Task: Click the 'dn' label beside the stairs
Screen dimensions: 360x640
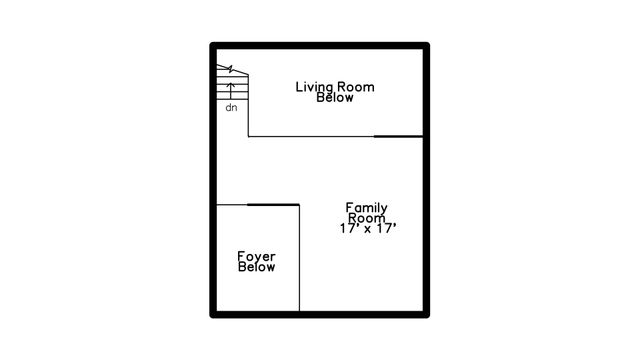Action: (x=231, y=107)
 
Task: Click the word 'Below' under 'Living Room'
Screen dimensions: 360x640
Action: (x=335, y=98)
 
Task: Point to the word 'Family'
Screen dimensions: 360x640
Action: (x=367, y=208)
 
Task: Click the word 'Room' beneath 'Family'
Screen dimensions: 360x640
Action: (x=367, y=218)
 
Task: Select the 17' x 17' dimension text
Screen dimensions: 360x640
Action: (x=369, y=229)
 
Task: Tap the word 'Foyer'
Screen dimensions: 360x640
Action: (x=256, y=257)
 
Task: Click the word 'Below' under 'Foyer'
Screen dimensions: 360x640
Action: (x=256, y=268)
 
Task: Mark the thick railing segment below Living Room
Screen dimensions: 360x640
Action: (x=398, y=136)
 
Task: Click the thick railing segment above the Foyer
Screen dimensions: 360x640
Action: (x=273, y=204)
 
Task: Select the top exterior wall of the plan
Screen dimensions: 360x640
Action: (x=320, y=46)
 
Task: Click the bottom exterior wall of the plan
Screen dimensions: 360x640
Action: (x=320, y=314)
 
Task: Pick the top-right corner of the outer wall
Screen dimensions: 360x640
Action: (x=426, y=46)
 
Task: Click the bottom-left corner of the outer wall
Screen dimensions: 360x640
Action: (x=214, y=314)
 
